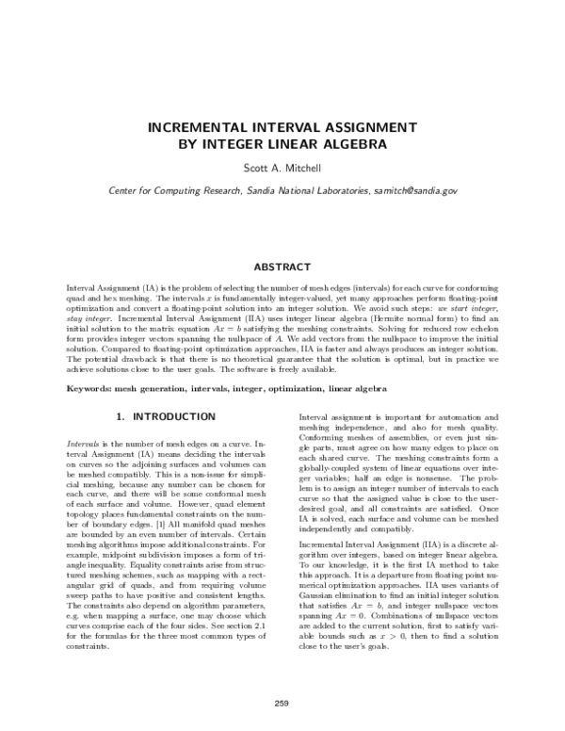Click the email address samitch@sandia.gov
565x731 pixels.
pyautogui.click(x=416, y=189)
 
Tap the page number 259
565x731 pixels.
pyautogui.click(x=282, y=703)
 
